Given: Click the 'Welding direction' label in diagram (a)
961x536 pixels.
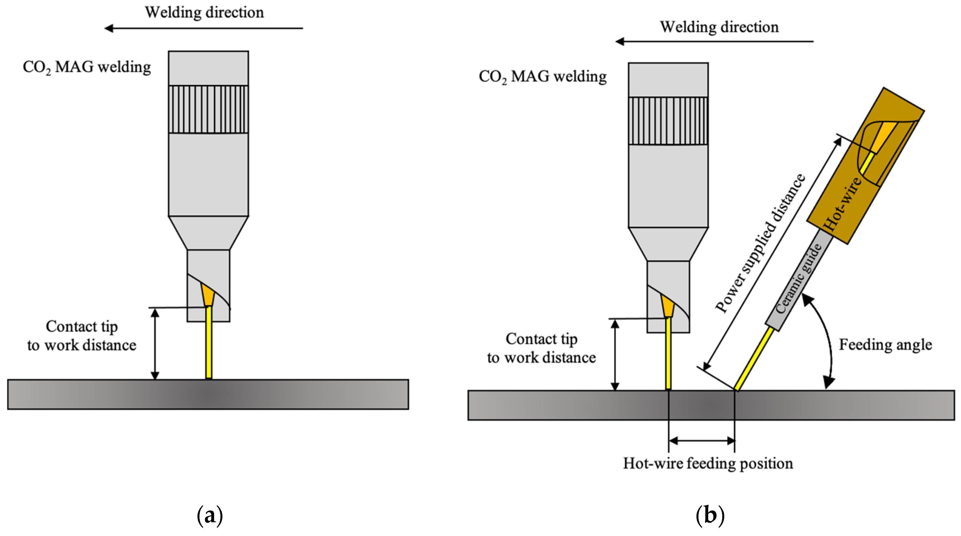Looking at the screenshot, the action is coord(204,12).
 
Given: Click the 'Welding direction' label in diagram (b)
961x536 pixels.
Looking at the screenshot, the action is coord(719,27).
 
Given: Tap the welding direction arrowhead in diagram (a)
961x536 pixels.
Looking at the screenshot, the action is coord(109,28).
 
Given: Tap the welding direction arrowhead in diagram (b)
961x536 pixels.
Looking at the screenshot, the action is coord(619,41).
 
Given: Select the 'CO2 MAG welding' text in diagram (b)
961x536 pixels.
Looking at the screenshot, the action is coord(543,77).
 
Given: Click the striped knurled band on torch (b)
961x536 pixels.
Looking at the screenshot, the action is coord(668,121).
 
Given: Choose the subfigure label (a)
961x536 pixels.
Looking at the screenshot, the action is coord(210,516).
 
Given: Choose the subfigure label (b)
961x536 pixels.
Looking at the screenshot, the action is coord(710,516).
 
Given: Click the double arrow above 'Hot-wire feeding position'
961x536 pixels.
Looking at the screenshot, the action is coord(702,441).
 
